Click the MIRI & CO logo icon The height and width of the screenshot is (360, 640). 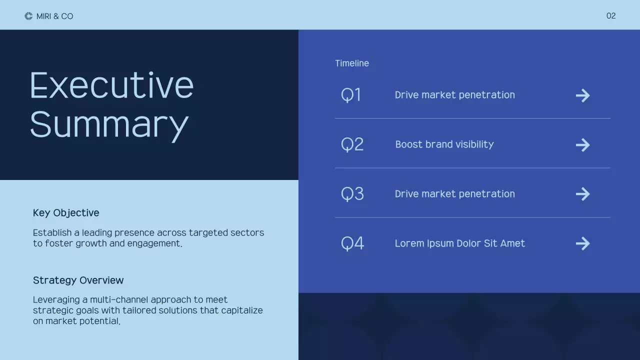(x=28, y=16)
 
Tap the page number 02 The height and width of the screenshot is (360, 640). (x=611, y=16)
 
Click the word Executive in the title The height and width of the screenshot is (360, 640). (x=111, y=85)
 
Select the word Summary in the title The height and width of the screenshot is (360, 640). (x=109, y=124)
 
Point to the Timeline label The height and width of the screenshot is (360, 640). (x=352, y=63)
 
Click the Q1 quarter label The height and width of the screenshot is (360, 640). (x=351, y=95)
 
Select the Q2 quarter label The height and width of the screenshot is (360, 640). (x=352, y=144)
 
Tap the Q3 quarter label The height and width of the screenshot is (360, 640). (x=352, y=194)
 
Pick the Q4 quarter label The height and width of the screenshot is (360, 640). (x=352, y=243)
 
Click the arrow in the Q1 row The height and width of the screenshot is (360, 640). (x=582, y=95)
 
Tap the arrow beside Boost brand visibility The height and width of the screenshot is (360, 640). (x=582, y=145)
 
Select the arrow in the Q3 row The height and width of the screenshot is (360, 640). (x=582, y=194)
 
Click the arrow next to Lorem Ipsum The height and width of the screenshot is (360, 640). (x=582, y=243)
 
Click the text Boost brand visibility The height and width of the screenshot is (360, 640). (x=444, y=144)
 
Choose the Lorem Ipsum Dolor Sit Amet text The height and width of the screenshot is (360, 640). (x=459, y=243)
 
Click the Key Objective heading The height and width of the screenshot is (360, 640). (x=66, y=213)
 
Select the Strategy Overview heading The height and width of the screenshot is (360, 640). (x=78, y=280)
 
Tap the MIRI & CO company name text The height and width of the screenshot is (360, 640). (x=54, y=16)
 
